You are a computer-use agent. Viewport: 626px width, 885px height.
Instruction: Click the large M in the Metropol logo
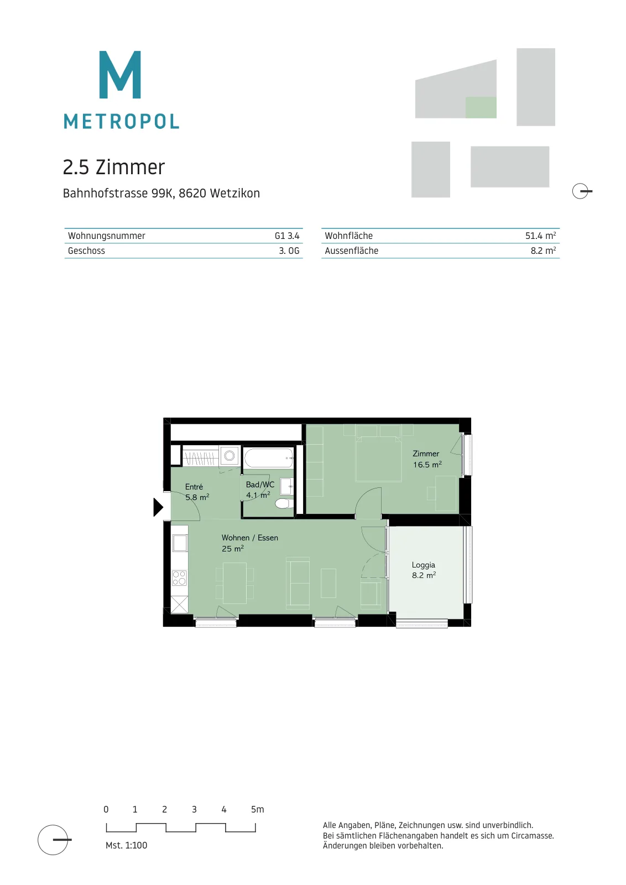pyautogui.click(x=119, y=74)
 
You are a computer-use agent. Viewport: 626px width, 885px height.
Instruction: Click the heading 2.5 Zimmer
pyautogui.click(x=114, y=168)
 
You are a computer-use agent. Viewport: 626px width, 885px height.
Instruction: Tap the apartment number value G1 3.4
pyautogui.click(x=287, y=236)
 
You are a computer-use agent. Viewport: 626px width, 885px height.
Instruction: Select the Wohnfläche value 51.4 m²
pyautogui.click(x=540, y=236)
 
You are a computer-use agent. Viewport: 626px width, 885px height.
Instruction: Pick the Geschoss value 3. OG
pyautogui.click(x=289, y=251)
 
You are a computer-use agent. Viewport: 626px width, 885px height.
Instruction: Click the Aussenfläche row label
pyautogui.click(x=352, y=251)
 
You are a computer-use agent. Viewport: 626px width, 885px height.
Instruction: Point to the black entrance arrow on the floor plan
pyautogui.click(x=158, y=507)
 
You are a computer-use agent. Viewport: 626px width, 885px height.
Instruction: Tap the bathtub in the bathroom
pyautogui.click(x=269, y=458)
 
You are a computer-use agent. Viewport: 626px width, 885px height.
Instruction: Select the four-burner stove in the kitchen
pyautogui.click(x=179, y=578)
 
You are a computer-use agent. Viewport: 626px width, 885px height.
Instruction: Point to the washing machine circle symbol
pyautogui.click(x=229, y=456)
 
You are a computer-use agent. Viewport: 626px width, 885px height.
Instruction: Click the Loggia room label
pyautogui.click(x=424, y=565)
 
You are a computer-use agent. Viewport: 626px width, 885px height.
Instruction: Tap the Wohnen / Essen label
pyautogui.click(x=249, y=538)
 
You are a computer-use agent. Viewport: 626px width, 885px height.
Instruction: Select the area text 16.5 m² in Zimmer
pyautogui.click(x=427, y=465)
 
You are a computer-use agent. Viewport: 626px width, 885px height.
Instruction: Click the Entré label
pyautogui.click(x=194, y=487)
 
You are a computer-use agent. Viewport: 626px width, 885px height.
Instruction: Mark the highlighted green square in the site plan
pyautogui.click(x=481, y=107)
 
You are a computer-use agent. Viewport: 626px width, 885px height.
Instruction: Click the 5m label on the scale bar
pyautogui.click(x=258, y=810)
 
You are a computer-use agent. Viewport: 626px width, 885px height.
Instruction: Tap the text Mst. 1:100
pyautogui.click(x=127, y=846)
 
